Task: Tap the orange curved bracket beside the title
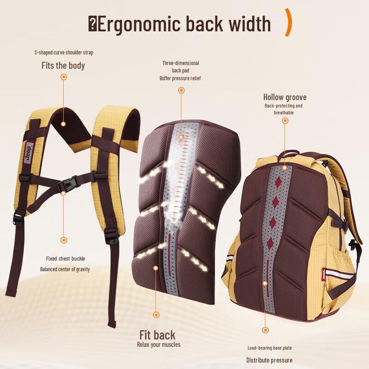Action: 289,22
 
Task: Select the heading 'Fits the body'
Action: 63,65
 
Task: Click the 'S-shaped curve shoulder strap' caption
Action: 64,52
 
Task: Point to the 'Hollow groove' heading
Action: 285,97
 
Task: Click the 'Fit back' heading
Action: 157,335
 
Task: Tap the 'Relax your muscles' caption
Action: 159,345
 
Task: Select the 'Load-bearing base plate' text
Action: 269,348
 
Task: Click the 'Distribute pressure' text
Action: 269,360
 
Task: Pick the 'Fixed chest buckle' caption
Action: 65,259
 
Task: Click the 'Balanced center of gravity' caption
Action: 65,269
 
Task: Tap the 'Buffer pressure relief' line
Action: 180,78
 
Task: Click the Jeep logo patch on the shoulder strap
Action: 28,152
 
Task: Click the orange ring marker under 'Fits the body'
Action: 64,77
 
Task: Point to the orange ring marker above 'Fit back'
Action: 156,315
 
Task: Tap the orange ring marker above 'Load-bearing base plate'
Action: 265,330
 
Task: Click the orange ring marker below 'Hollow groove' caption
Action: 285,121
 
